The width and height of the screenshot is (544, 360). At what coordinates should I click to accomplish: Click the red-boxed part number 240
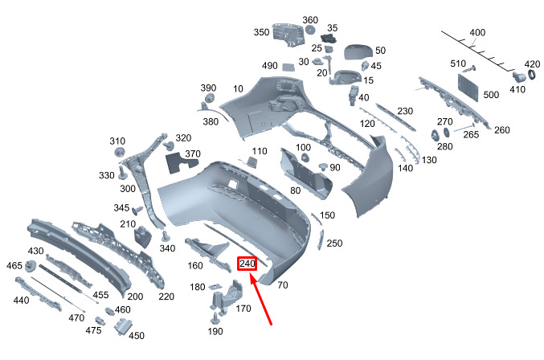(247, 264)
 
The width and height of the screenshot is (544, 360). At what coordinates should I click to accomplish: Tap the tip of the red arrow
(251, 276)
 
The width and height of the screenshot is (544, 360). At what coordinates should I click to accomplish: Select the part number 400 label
(478, 33)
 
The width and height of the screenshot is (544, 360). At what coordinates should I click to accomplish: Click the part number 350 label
(261, 33)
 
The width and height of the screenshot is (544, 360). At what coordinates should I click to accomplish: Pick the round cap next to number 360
(309, 31)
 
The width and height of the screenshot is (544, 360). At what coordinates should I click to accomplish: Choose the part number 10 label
(239, 88)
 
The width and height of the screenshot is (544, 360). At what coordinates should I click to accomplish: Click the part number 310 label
(118, 141)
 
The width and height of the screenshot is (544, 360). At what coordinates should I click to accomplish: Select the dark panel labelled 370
(181, 162)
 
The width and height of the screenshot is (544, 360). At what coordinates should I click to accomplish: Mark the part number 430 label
(35, 252)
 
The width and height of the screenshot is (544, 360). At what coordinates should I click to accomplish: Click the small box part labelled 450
(123, 325)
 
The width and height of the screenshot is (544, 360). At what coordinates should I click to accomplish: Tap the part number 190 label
(215, 331)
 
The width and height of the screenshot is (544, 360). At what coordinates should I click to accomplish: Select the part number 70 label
(283, 284)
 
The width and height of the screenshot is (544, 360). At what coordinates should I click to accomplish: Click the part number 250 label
(335, 243)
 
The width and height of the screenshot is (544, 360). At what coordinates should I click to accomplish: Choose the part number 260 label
(501, 130)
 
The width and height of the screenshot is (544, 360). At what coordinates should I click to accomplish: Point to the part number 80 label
(296, 190)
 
